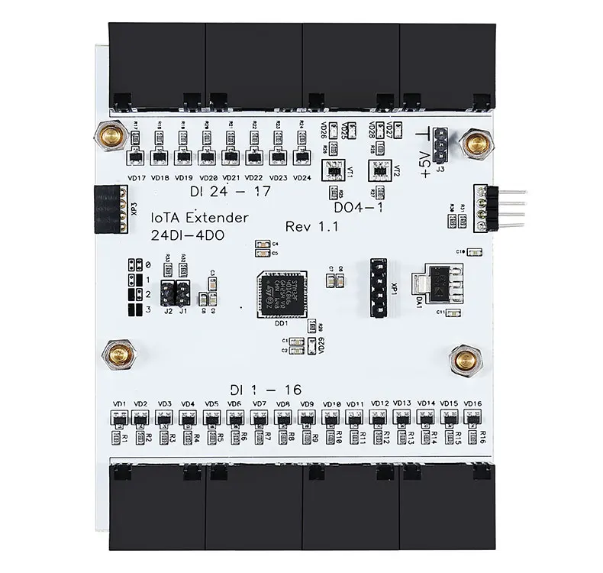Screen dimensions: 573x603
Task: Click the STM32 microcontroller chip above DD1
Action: (x=282, y=293)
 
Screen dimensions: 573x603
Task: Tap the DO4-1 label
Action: (x=358, y=206)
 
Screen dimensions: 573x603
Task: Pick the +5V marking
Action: (x=425, y=163)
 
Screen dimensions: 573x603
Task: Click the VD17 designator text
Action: (x=137, y=177)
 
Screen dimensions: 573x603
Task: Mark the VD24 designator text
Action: (x=301, y=177)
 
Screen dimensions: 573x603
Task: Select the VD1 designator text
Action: (x=119, y=403)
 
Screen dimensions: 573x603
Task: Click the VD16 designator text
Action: (x=472, y=403)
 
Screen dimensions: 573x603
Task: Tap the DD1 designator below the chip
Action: (x=268, y=323)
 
